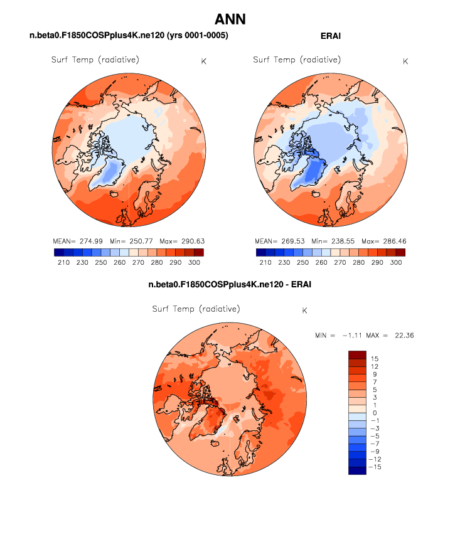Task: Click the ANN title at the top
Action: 230,19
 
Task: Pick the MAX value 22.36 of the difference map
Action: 402,335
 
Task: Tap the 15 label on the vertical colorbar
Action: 375,358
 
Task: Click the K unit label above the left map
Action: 203,61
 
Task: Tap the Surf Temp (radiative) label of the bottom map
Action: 196,309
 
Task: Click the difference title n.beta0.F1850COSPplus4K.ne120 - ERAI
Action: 230,285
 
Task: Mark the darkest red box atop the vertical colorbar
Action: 357,354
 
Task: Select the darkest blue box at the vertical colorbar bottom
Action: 357,471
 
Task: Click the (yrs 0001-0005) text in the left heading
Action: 193,36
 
